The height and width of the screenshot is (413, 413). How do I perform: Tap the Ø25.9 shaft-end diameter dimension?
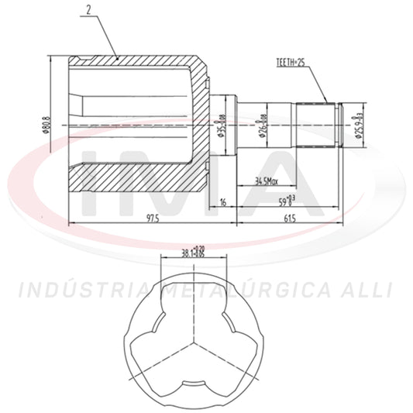pyautogui.click(x=358, y=124)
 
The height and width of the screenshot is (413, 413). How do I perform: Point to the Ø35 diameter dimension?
pyautogui.click(x=221, y=124)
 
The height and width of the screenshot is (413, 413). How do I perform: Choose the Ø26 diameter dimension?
pyautogui.click(x=262, y=124)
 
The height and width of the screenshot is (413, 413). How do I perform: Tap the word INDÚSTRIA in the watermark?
pyautogui.click(x=81, y=291)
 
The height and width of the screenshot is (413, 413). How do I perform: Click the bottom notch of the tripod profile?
pyautogui.click(x=193, y=385)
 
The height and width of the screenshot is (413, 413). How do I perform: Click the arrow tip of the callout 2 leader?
pyautogui.click(x=118, y=58)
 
